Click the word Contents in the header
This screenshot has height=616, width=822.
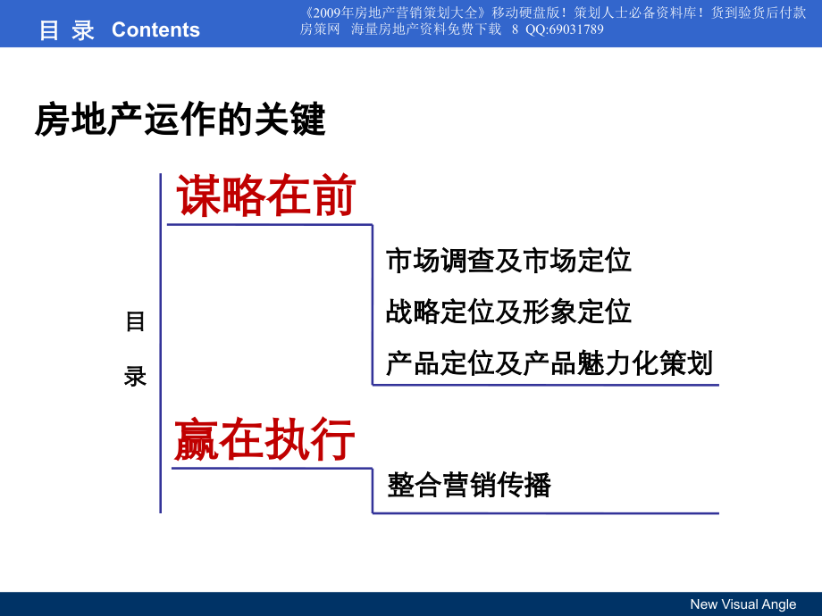point(155,30)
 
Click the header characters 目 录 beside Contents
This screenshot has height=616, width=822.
point(67,30)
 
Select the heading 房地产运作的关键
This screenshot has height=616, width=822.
point(180,120)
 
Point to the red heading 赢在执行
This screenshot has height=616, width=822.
point(264,439)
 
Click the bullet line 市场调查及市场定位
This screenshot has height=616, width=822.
point(508,261)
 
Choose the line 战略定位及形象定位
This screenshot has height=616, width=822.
point(508,312)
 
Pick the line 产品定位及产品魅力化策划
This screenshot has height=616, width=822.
point(549,363)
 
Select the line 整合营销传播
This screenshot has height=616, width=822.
point(469,485)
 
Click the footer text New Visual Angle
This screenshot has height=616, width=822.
point(742,604)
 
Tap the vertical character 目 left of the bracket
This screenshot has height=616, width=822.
point(135,321)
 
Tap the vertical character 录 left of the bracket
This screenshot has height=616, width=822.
point(135,377)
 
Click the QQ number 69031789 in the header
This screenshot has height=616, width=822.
point(576,29)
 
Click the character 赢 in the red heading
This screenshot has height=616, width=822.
point(197,439)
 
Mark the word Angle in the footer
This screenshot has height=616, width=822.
point(776,604)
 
